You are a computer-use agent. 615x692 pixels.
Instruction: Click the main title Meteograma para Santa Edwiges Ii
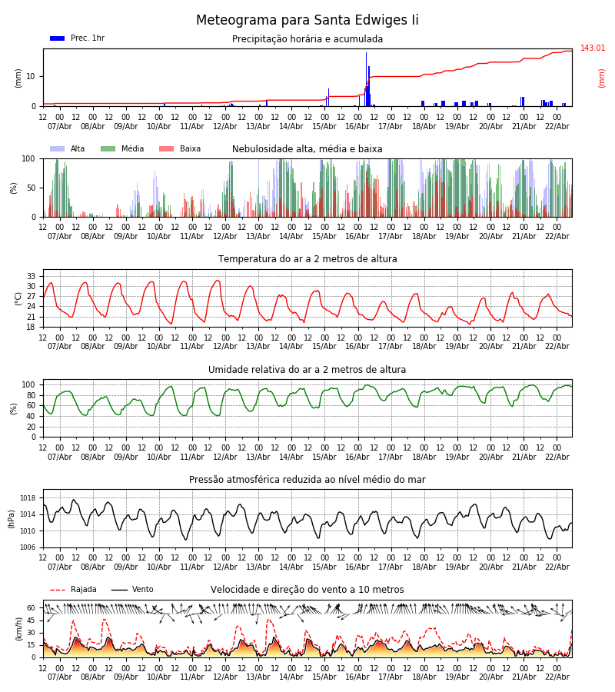coord(307,21)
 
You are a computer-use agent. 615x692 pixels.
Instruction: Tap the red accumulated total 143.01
coord(593,48)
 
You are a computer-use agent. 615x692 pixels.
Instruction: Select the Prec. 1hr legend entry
coord(77,38)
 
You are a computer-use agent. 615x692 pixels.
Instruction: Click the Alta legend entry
coord(68,149)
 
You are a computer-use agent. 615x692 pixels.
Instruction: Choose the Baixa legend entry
coord(180,149)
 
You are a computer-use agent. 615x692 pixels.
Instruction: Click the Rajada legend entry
coord(74,590)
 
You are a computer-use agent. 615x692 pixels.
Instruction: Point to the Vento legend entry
coord(132,590)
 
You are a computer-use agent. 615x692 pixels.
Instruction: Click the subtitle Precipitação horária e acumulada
coord(307,39)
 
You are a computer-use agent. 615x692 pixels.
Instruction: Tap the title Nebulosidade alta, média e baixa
coord(307,149)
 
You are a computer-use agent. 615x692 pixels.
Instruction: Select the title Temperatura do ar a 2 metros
coord(307,259)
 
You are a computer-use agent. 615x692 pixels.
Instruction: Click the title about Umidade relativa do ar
coord(307,370)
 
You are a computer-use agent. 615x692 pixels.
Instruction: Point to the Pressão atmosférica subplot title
coord(307,480)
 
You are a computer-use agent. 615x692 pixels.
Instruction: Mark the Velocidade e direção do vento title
coord(307,590)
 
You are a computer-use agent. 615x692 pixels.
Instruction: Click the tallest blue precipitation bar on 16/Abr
coord(366,77)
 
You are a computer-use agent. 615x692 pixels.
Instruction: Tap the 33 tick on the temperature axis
coord(32,276)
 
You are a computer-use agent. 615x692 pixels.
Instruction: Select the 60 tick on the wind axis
coord(32,607)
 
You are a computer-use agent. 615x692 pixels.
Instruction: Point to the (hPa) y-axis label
coord(12,518)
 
